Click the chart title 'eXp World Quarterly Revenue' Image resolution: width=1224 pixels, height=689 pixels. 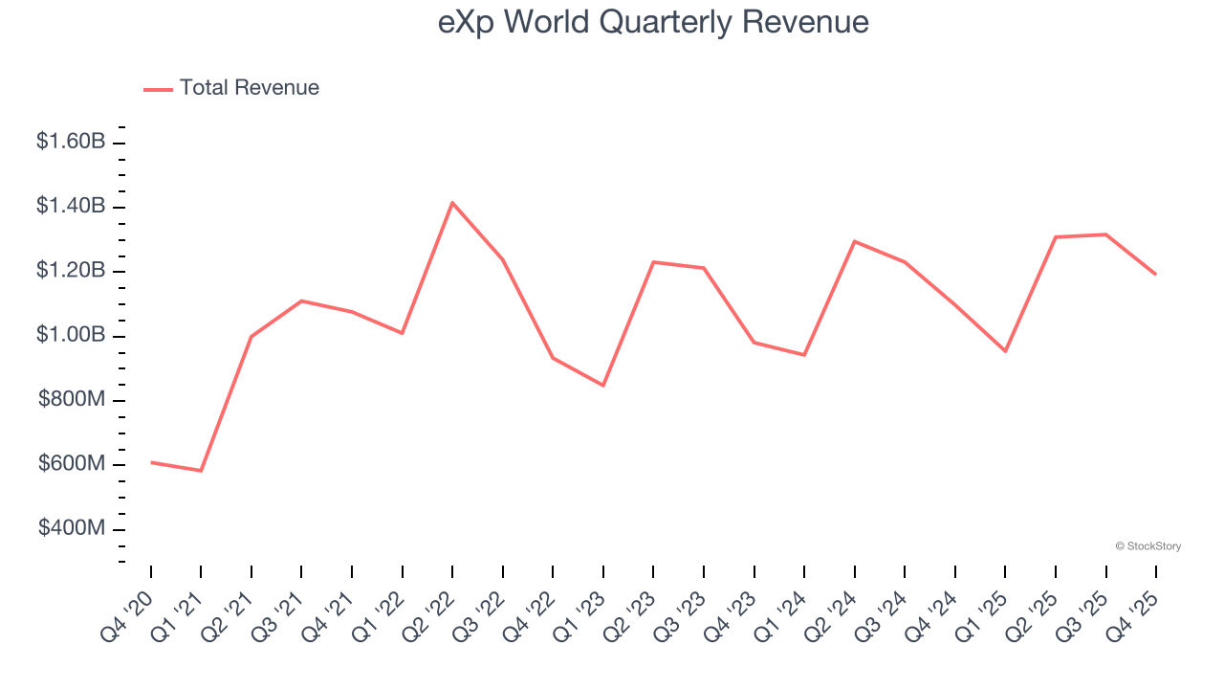(653, 22)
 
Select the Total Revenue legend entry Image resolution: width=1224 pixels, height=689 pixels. (231, 88)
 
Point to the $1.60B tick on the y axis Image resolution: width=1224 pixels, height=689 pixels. (71, 142)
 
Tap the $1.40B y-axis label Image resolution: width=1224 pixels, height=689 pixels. (71, 206)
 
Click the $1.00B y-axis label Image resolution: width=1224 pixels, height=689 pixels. (71, 335)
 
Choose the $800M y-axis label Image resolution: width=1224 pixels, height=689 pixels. (72, 399)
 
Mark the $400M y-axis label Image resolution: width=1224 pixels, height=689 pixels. (72, 528)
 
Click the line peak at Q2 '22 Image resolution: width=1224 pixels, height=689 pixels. (452, 202)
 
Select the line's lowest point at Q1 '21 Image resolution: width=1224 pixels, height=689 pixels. (201, 471)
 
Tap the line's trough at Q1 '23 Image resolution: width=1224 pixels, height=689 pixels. (603, 386)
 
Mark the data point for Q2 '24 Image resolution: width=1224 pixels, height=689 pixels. (854, 241)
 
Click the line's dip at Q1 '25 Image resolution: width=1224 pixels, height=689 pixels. (1005, 351)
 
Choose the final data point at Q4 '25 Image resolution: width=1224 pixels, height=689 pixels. (1155, 274)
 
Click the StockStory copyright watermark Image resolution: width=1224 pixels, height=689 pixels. (1147, 546)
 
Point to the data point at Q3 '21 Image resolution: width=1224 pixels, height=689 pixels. (301, 300)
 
